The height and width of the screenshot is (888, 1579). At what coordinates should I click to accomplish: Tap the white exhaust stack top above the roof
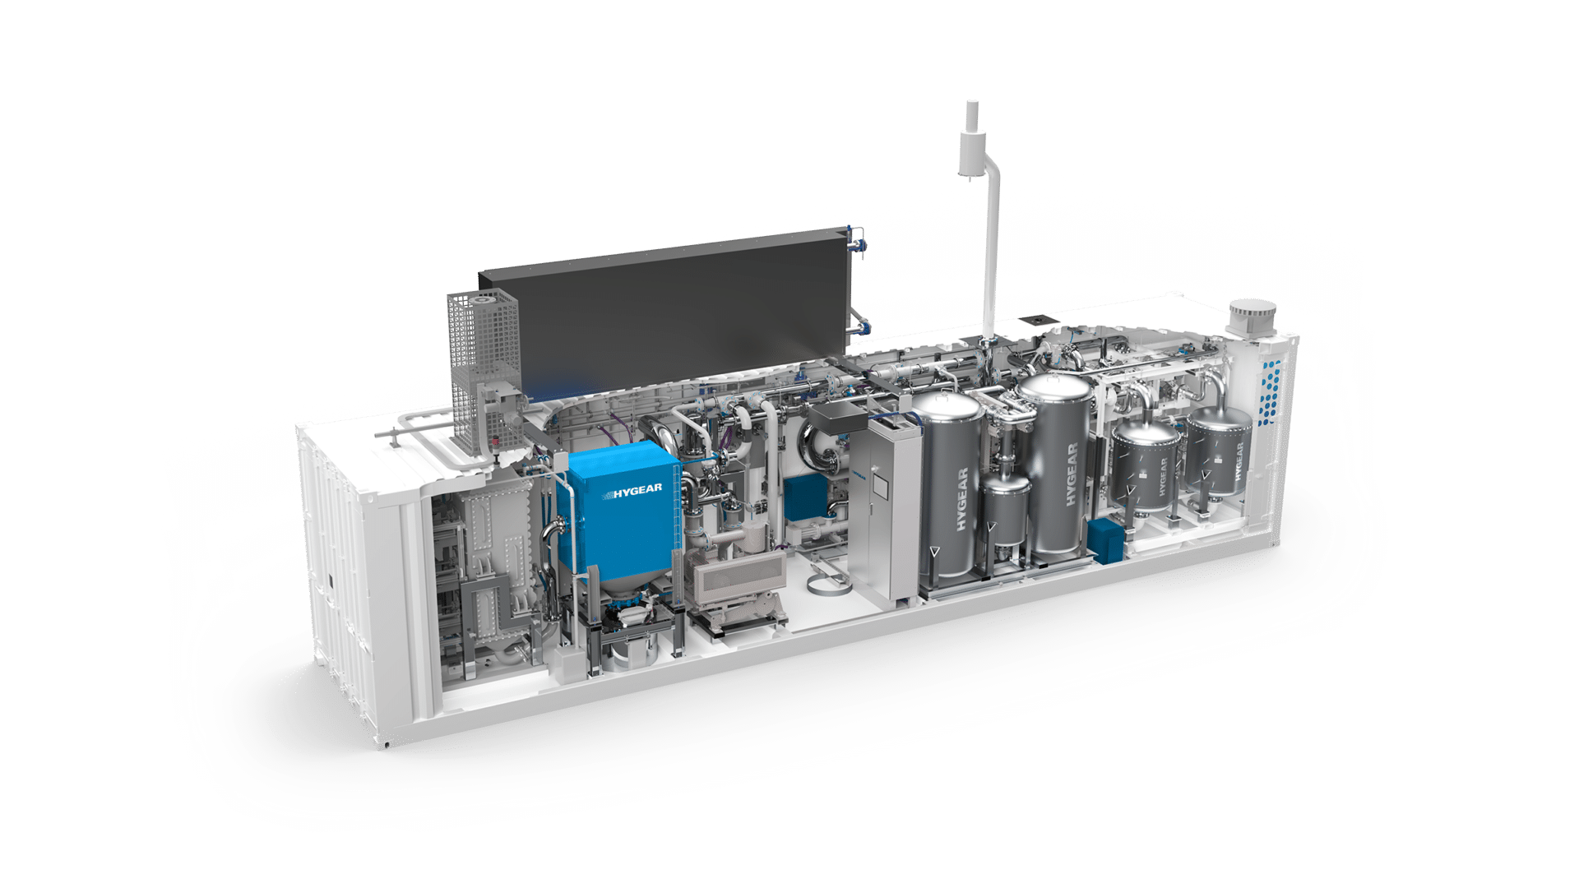click(971, 111)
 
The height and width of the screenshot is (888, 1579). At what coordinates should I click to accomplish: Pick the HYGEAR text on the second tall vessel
click(1071, 474)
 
